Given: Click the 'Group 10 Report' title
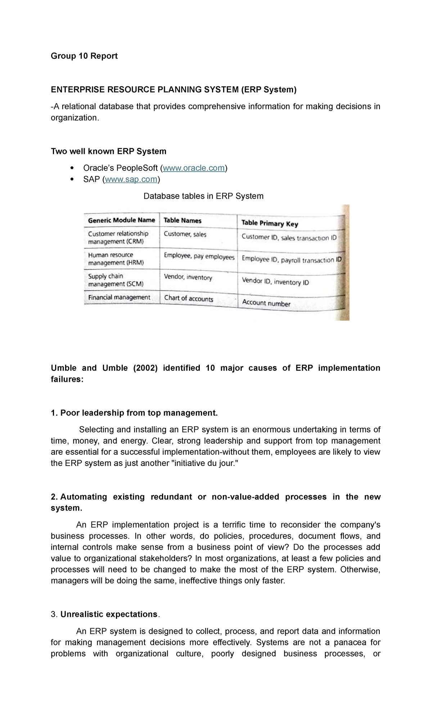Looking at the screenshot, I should [x=84, y=56].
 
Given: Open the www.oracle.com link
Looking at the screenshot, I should [x=194, y=168].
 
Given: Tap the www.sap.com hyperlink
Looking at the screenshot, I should [x=131, y=179].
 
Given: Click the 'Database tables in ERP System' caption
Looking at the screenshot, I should [x=203, y=196].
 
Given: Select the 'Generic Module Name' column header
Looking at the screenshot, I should [x=121, y=220].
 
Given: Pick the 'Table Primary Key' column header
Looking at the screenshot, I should [x=270, y=223].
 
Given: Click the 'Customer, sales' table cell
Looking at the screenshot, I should [x=185, y=234].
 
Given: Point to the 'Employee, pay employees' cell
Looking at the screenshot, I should [x=199, y=257].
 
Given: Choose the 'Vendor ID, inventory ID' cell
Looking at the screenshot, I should [x=275, y=281].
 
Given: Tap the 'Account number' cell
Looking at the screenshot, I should [x=266, y=303].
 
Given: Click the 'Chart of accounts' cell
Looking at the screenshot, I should [x=189, y=298].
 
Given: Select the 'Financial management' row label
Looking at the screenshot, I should [x=119, y=297].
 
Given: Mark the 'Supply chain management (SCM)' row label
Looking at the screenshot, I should [x=116, y=280].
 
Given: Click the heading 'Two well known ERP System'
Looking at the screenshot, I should [x=108, y=151].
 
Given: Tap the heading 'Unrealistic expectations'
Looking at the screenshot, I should [x=109, y=614].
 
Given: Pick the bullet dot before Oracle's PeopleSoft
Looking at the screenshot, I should [x=72, y=168].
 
